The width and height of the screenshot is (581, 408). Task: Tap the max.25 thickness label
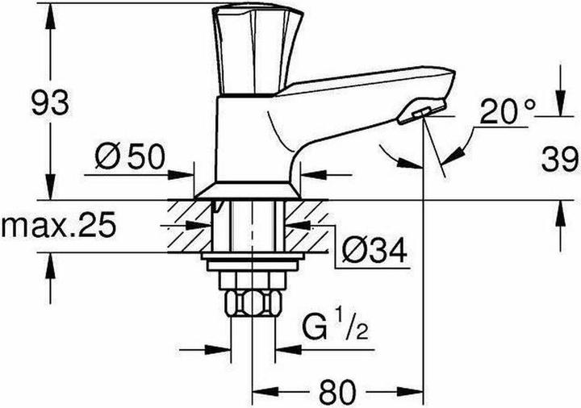click(x=56, y=226)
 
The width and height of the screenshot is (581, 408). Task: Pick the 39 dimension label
click(x=558, y=156)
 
